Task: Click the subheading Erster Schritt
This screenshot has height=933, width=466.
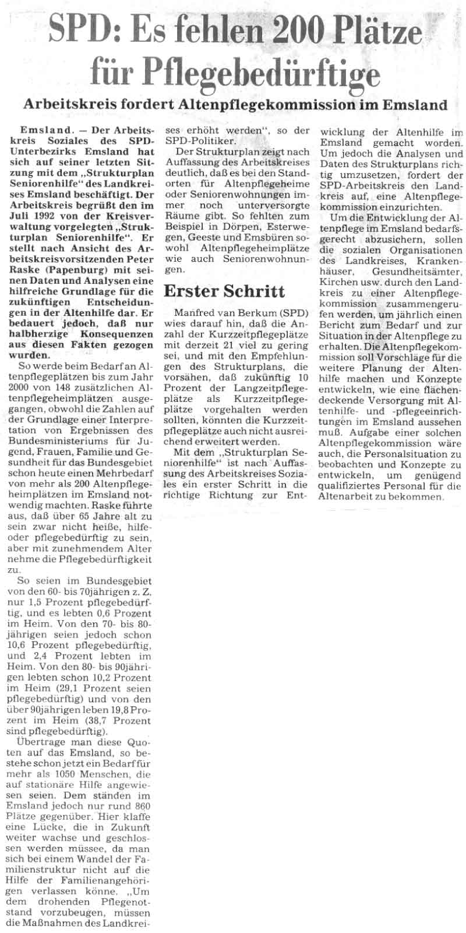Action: (x=224, y=291)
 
